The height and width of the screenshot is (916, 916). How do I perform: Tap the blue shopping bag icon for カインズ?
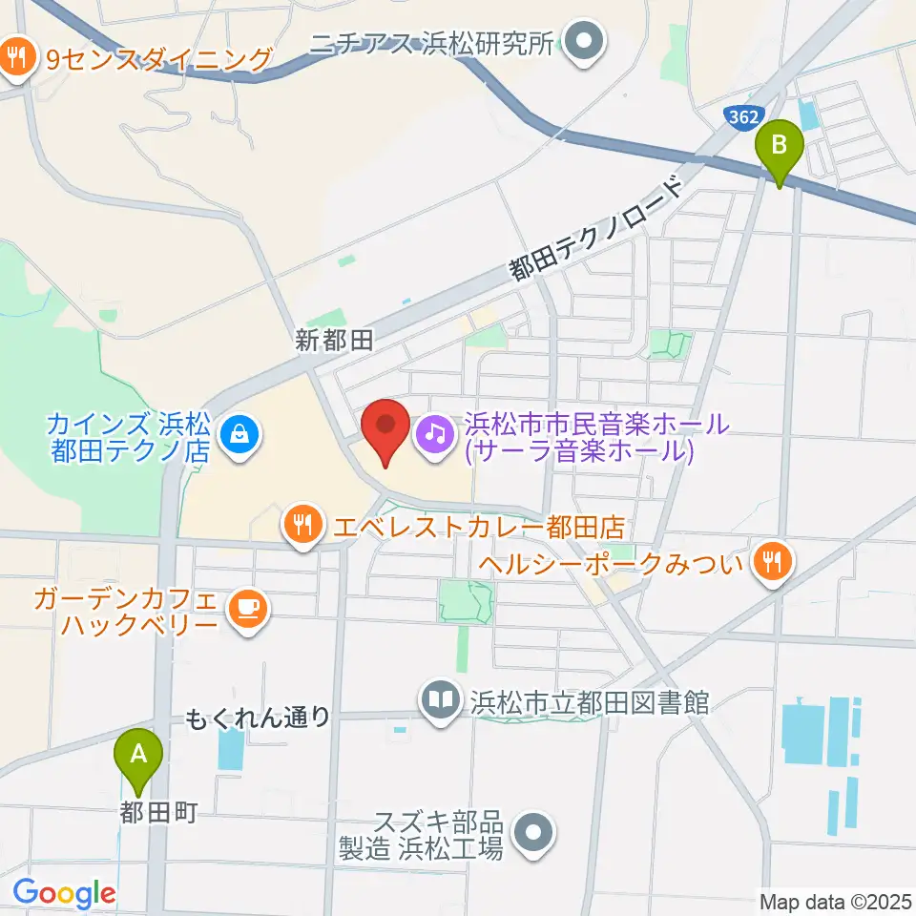(x=235, y=436)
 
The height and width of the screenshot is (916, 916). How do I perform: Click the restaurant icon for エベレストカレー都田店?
(x=302, y=524)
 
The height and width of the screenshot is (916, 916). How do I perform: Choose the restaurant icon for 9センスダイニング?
(x=16, y=59)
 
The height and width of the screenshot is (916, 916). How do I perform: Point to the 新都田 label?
(x=334, y=341)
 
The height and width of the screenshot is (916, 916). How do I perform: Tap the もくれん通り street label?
(x=258, y=717)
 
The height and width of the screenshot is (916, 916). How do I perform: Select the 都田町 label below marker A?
(x=158, y=812)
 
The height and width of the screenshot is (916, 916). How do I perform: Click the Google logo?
(x=64, y=894)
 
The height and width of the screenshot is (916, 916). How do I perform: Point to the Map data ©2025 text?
(x=835, y=900)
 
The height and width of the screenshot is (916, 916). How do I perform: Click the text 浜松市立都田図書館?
(x=589, y=703)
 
